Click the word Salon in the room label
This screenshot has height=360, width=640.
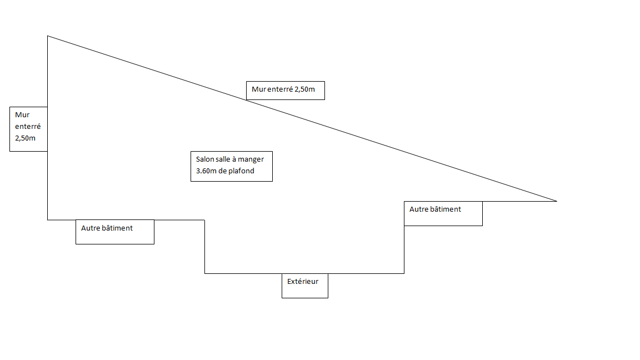[205, 159]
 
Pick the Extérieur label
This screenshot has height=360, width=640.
[303, 282]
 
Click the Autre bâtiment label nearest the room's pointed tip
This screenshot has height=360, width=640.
[435, 209]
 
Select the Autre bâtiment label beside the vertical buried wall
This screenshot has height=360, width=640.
[107, 228]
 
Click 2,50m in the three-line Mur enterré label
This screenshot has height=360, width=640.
[25, 138]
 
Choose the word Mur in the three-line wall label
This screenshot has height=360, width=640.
[22, 115]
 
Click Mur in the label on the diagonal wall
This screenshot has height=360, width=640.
[258, 89]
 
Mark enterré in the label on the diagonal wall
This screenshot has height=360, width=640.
[279, 89]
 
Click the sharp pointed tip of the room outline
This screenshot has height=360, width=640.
[556, 201]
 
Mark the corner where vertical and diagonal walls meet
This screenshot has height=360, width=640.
[48, 36]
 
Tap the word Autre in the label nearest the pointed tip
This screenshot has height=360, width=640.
[419, 209]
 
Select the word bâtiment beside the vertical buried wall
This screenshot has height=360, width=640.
[118, 228]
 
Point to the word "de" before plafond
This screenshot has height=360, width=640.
[222, 171]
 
